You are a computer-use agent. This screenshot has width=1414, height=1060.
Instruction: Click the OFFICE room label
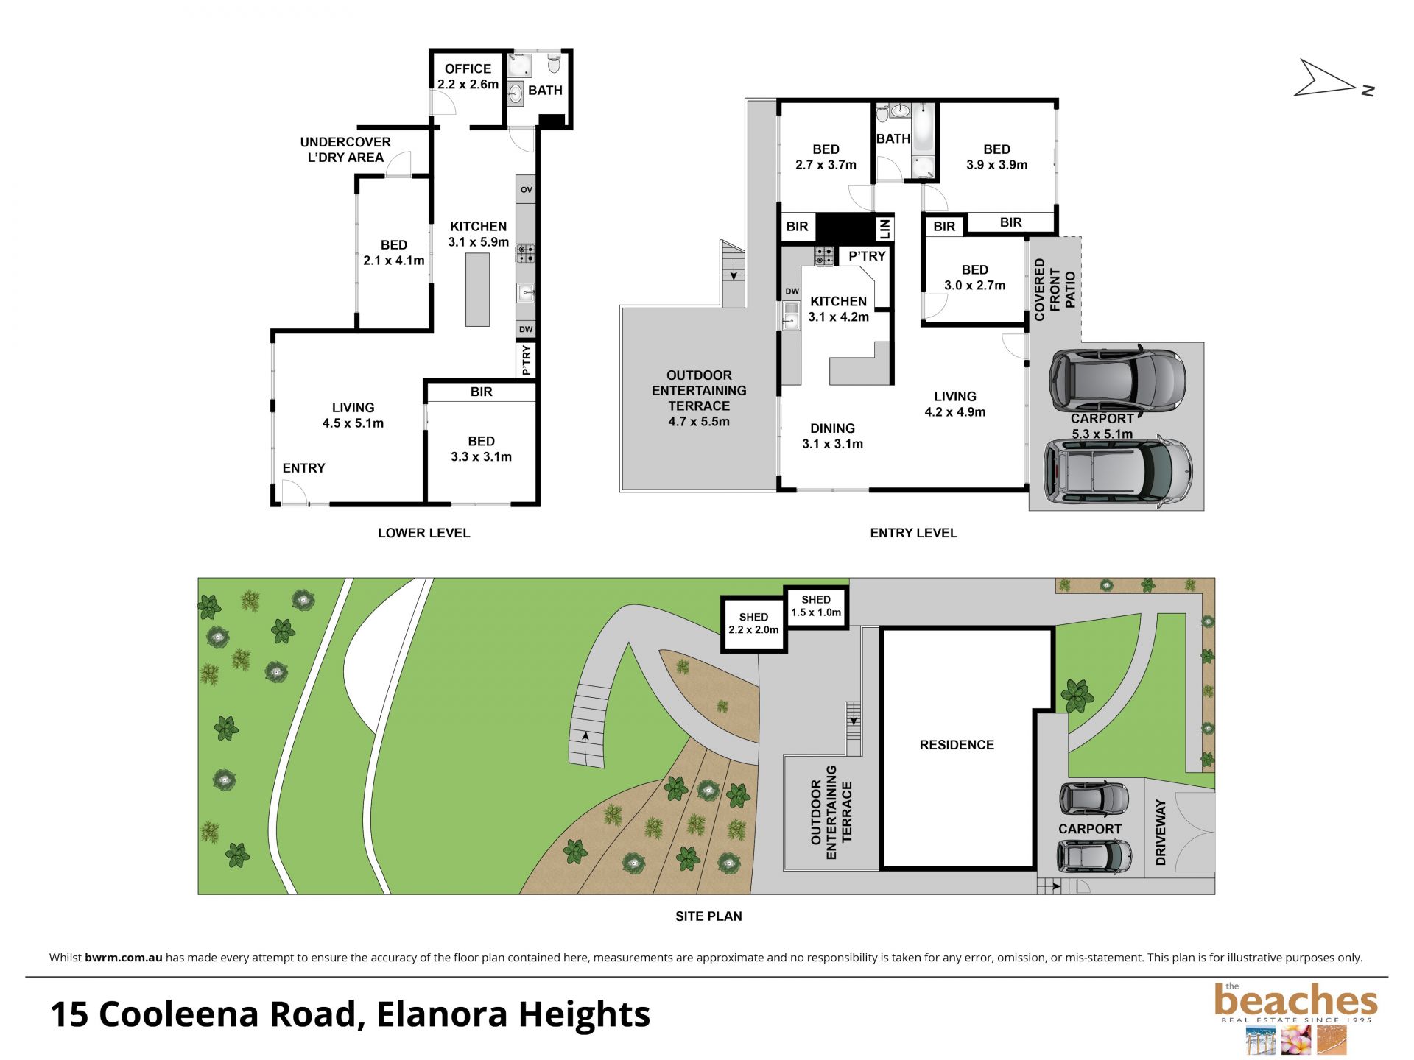pos(468,68)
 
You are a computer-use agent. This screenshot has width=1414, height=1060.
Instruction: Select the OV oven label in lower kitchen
pos(526,190)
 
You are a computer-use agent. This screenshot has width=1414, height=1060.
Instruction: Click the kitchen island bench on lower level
pos(478,289)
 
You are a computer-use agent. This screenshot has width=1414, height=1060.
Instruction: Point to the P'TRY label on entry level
pos(867,256)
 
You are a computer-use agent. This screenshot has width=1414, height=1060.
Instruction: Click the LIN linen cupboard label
pos(884,228)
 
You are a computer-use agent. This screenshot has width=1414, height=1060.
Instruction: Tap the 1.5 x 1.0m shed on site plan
pos(816,607)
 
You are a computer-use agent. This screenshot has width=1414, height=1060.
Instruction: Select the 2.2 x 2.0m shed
pos(753,623)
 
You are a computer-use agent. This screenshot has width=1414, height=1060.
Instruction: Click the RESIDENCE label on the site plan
pos(957,745)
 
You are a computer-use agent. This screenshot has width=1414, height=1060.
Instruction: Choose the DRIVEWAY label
pos(1161,833)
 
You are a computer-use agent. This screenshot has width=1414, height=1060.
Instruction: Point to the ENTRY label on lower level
pos(303,468)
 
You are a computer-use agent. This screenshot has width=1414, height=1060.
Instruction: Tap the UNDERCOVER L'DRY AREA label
pos(345,149)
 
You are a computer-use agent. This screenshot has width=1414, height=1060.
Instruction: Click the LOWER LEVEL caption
pos(423,533)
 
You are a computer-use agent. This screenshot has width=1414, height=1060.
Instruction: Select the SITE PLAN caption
pos(708,916)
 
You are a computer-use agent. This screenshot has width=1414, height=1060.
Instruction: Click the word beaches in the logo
pos(1295,1001)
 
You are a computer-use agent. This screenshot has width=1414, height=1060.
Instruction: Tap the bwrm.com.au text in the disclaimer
pos(123,958)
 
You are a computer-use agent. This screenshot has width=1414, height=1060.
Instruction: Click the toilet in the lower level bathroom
pos(555,64)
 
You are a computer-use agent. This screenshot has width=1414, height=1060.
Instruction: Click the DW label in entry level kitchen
pos(792,291)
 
